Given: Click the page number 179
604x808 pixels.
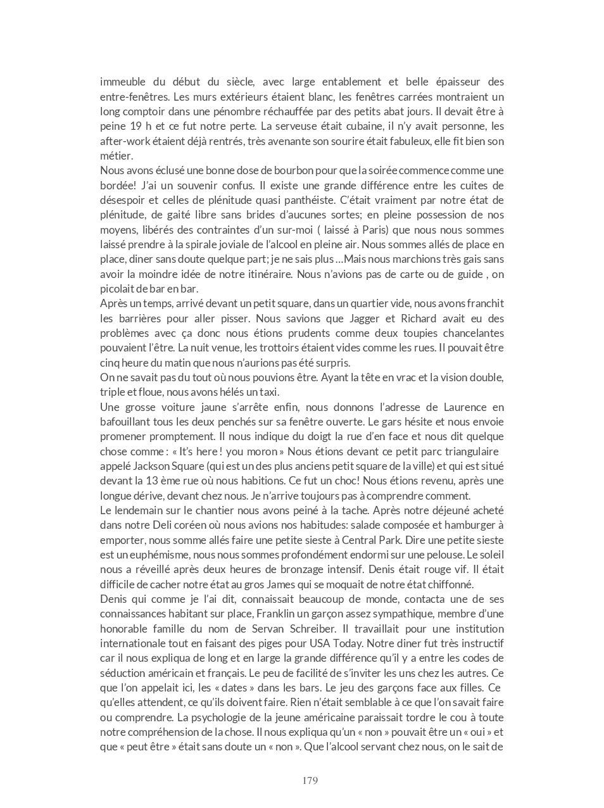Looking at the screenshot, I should click(x=310, y=780).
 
